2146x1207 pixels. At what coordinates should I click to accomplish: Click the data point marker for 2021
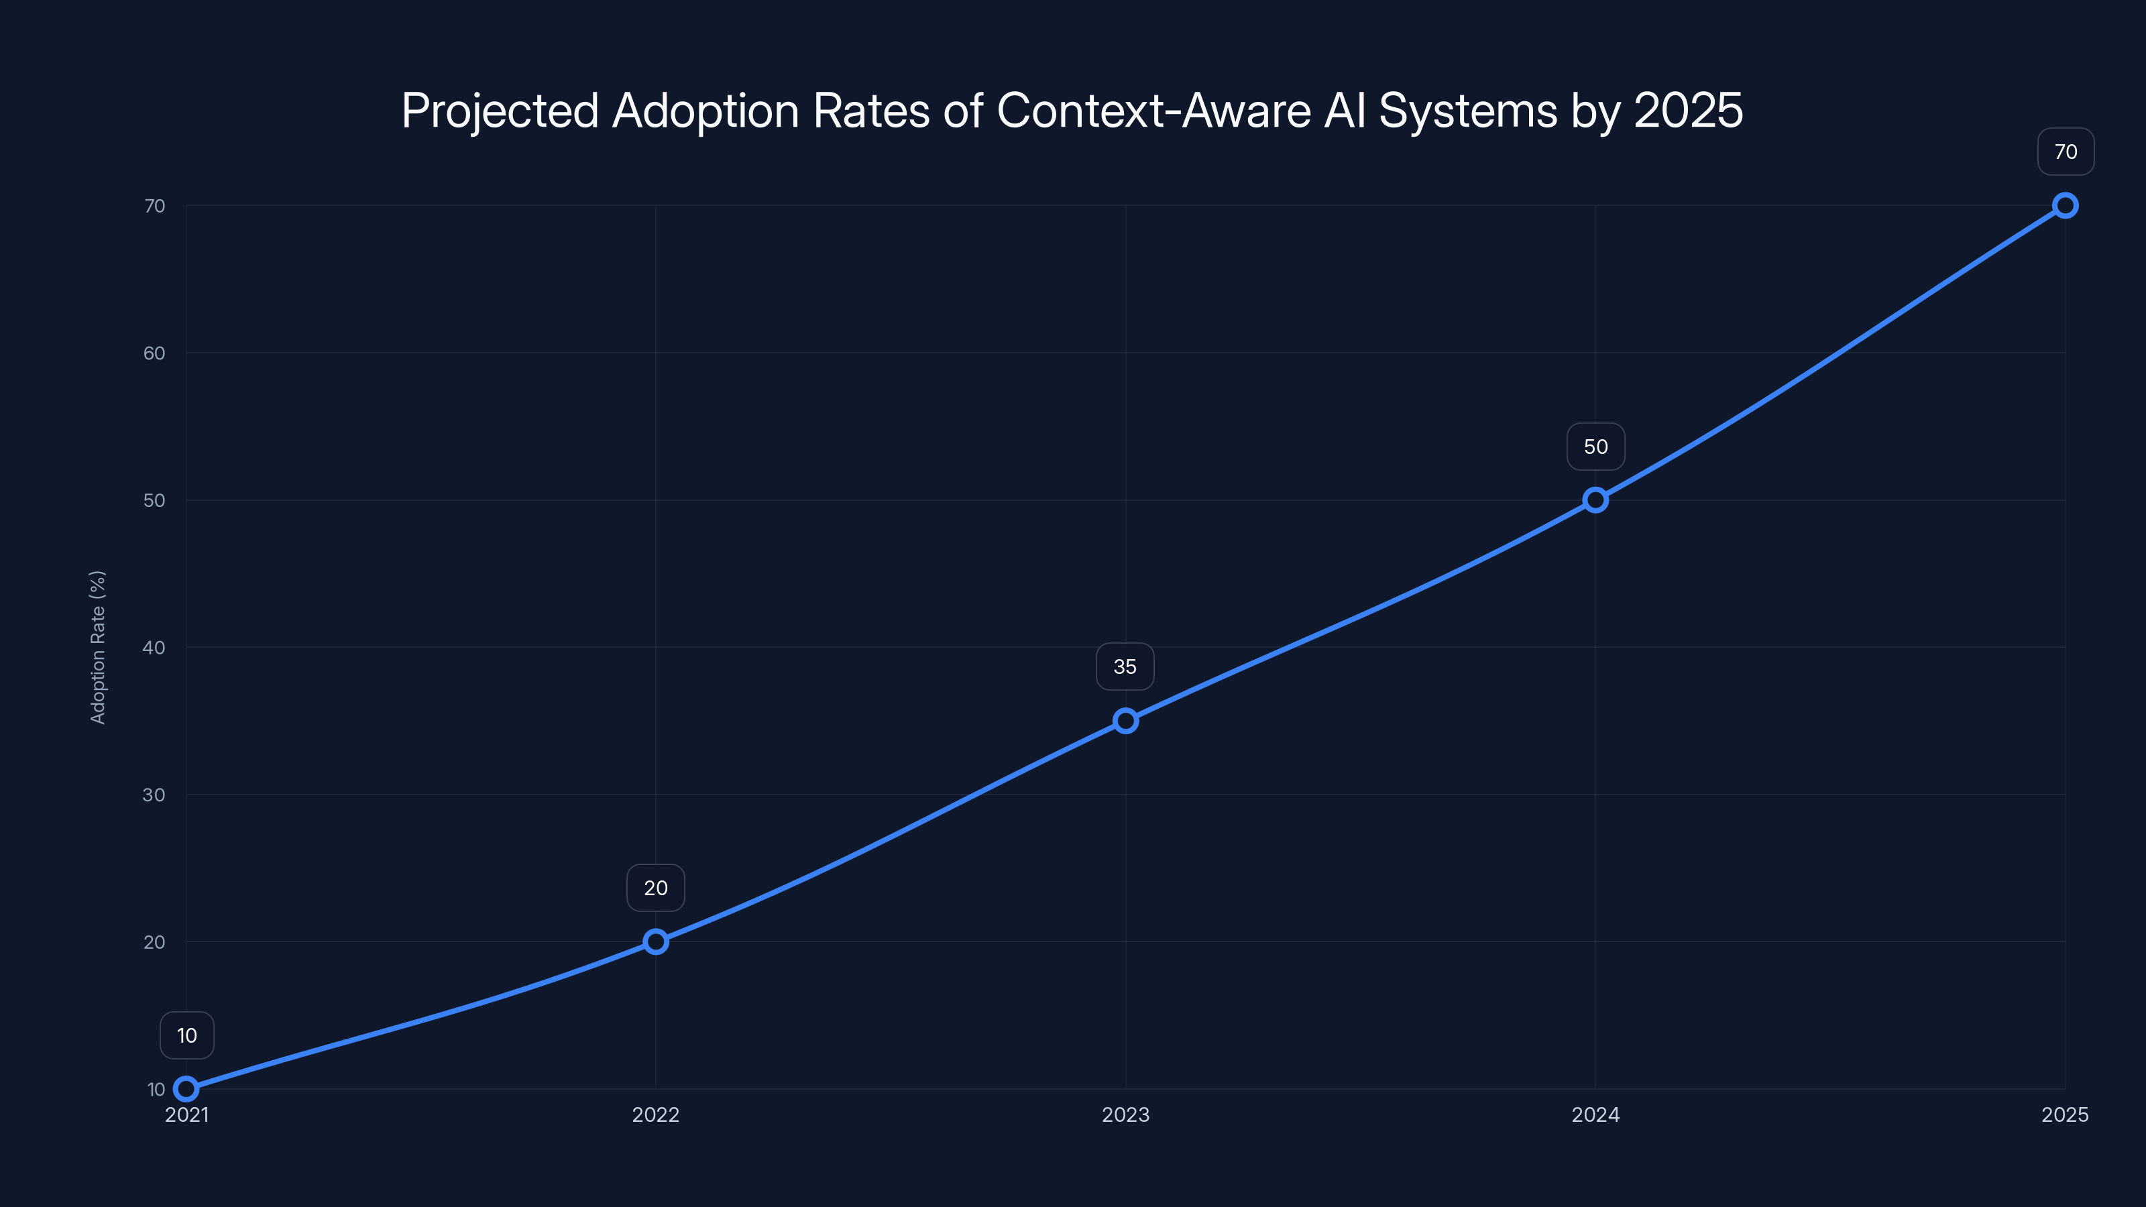point(186,1089)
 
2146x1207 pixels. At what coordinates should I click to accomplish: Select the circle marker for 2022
point(656,941)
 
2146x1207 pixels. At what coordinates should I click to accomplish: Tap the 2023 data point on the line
point(1125,721)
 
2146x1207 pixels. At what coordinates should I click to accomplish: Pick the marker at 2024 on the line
point(1595,500)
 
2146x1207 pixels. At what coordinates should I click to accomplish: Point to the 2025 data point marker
point(2066,206)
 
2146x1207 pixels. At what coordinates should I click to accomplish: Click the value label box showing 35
point(1125,667)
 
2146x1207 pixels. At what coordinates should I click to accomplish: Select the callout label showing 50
point(1595,447)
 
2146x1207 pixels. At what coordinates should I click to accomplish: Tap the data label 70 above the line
point(2066,152)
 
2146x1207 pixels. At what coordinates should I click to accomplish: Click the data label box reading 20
point(656,888)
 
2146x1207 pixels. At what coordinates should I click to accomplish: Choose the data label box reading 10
point(186,1035)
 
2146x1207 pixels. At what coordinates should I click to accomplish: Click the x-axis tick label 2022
point(656,1114)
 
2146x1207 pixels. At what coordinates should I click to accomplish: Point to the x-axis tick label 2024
point(1595,1114)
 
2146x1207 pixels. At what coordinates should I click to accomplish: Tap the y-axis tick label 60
point(154,353)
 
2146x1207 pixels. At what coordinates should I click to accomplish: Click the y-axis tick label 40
point(154,647)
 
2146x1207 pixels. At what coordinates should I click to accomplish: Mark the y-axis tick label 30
point(154,795)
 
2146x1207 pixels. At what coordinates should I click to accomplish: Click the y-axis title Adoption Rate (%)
point(97,647)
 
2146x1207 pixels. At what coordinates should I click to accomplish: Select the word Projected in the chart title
point(500,111)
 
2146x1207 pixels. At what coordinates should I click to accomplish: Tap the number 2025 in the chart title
point(1688,111)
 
